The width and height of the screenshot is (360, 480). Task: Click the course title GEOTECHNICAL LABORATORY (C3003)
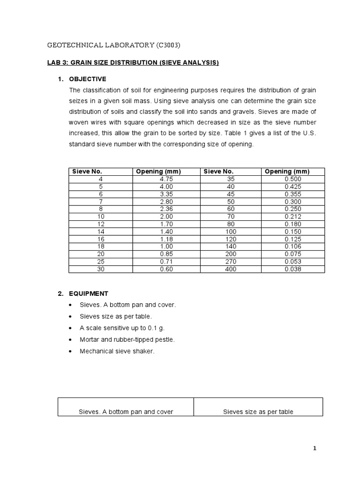pyautogui.click(x=114, y=45)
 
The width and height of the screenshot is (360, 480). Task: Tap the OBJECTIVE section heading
pyautogui.click(x=88, y=79)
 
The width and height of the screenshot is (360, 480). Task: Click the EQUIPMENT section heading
pyautogui.click(x=89, y=293)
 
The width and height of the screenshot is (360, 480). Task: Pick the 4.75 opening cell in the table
pyautogui.click(x=166, y=179)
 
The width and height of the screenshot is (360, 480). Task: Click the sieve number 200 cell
pyautogui.click(x=231, y=254)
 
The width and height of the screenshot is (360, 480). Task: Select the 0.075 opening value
pyautogui.click(x=293, y=254)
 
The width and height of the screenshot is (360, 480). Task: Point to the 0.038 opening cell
pyautogui.click(x=293, y=269)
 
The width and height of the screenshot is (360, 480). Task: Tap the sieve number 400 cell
pyautogui.click(x=231, y=269)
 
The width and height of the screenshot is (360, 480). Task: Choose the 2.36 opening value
pyautogui.click(x=166, y=209)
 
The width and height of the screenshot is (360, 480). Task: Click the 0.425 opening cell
pyautogui.click(x=293, y=187)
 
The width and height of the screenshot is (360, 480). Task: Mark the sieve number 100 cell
pyautogui.click(x=231, y=232)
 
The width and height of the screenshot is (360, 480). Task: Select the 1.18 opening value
pyautogui.click(x=166, y=239)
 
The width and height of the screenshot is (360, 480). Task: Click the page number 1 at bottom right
pyautogui.click(x=315, y=449)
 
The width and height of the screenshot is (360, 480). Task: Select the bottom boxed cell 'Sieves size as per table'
pyautogui.click(x=258, y=412)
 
